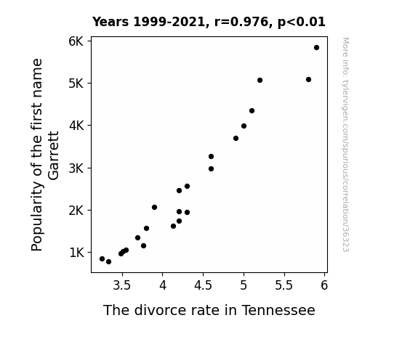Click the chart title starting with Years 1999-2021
pyautogui.click(x=209, y=22)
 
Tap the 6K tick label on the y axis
pyautogui.click(x=76, y=41)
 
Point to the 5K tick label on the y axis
pyautogui.click(x=76, y=83)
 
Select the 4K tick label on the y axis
pyautogui.click(x=76, y=126)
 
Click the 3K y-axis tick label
pyautogui.click(x=76, y=168)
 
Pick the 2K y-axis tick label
pyautogui.click(x=76, y=211)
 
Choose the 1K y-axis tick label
pyautogui.click(x=76, y=253)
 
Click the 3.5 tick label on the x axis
pyautogui.click(x=122, y=285)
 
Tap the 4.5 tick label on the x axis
pyautogui.click(x=203, y=285)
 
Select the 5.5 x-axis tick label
pyautogui.click(x=284, y=285)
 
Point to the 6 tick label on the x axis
pyautogui.click(x=324, y=285)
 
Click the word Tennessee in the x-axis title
pyautogui.click(x=278, y=310)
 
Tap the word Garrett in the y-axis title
pyautogui.click(x=53, y=155)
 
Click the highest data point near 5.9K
pyautogui.click(x=316, y=48)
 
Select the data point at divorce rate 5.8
pyautogui.click(x=308, y=79)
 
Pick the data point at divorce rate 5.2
pyautogui.click(x=260, y=80)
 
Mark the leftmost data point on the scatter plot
pyautogui.click(x=102, y=258)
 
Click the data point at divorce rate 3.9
pyautogui.click(x=154, y=207)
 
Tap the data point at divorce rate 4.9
pyautogui.click(x=236, y=138)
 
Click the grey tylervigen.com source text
pyautogui.click(x=345, y=144)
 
